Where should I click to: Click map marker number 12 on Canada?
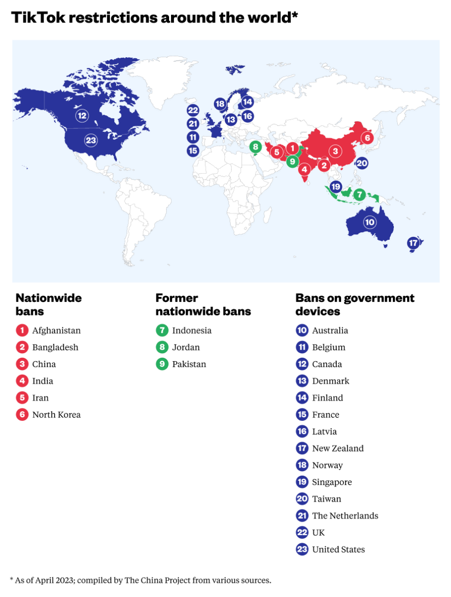(82, 116)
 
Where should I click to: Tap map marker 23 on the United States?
(91, 140)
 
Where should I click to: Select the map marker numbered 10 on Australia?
(369, 222)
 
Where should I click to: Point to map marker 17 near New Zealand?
(413, 243)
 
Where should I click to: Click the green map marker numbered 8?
(256, 147)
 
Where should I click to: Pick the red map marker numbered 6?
(367, 138)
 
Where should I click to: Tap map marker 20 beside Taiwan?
(361, 163)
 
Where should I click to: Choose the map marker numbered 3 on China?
(336, 151)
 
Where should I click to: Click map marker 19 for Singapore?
(336, 187)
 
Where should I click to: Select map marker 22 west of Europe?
(193, 110)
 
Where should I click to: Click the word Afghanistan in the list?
(56, 330)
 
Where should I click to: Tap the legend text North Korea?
(56, 414)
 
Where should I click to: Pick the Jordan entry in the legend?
(186, 347)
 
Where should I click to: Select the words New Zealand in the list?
(338, 448)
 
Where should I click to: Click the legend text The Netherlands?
(345, 515)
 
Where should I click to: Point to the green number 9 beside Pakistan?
(162, 364)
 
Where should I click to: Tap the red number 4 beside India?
(22, 381)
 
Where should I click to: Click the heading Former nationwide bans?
(203, 304)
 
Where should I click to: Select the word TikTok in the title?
(38, 17)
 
